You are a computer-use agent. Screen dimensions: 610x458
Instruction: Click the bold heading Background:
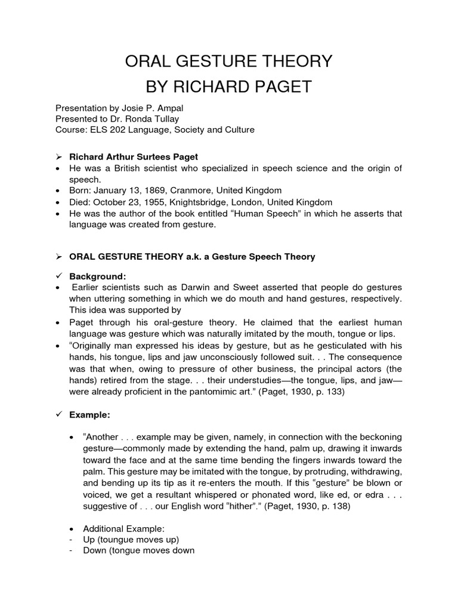point(98,276)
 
